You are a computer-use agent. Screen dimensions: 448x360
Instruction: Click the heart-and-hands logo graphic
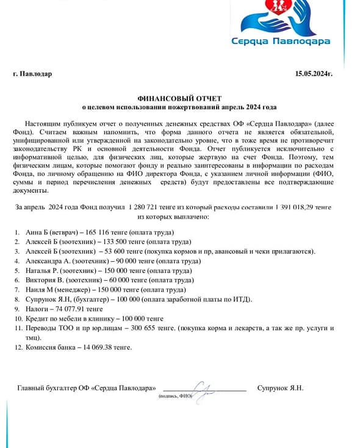tap(280, 18)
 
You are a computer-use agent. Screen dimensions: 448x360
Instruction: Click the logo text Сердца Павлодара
tap(281, 42)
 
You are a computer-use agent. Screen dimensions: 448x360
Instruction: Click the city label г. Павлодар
tap(32, 74)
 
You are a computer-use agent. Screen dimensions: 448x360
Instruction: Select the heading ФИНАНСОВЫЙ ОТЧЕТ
tap(179, 98)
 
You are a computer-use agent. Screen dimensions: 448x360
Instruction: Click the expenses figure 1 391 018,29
tap(300, 208)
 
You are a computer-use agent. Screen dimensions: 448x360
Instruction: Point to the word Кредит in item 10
tap(36, 318)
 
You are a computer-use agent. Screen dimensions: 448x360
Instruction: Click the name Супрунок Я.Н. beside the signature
tap(280, 388)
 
